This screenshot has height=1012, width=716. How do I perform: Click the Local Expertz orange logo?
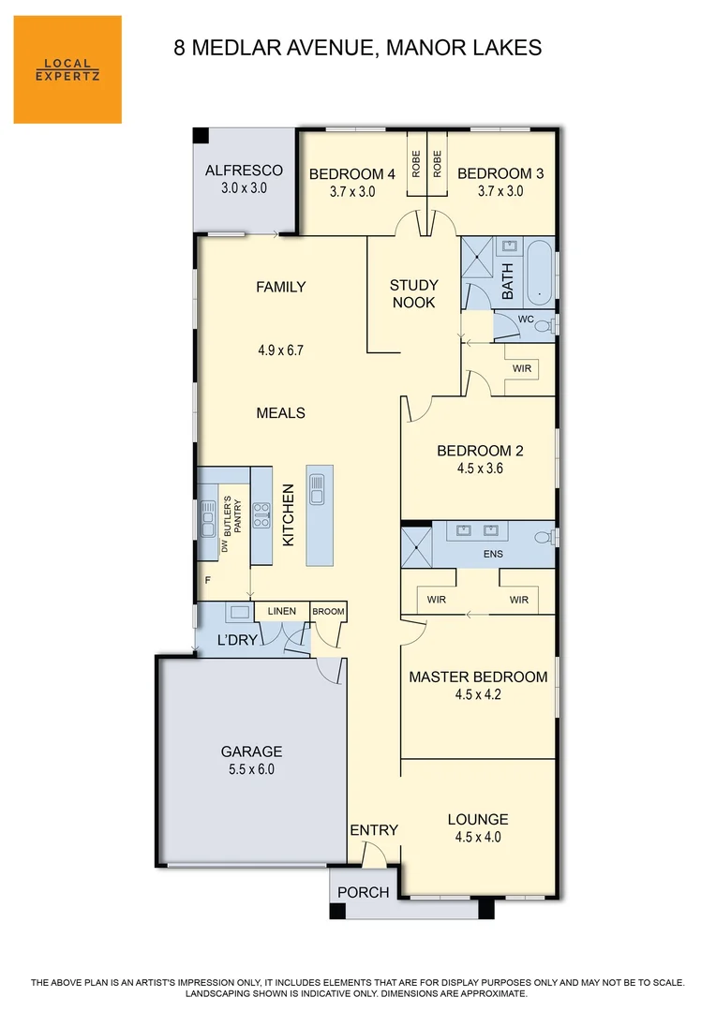[x=67, y=69]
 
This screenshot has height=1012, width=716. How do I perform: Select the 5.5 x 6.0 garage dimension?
[x=251, y=769]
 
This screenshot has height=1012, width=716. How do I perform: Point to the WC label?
[x=526, y=320]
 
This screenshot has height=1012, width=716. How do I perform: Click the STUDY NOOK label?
[x=413, y=293]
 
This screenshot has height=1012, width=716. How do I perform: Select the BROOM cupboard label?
[x=329, y=612]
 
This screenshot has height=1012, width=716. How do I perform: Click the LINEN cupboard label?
[x=281, y=612]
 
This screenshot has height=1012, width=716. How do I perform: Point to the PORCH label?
[x=363, y=892]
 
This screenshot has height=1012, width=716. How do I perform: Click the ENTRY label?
[x=374, y=830]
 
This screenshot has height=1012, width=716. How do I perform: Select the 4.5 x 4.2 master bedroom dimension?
[x=478, y=694]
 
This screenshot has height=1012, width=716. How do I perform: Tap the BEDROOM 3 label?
[x=500, y=173]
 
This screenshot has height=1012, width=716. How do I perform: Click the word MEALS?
[x=281, y=413]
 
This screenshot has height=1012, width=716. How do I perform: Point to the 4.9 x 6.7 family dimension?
[x=281, y=350]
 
